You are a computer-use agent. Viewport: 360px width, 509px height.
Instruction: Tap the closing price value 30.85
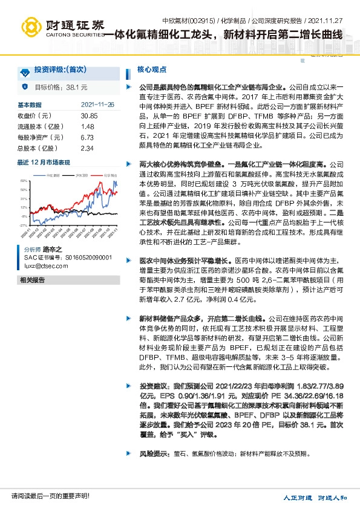click(88, 115)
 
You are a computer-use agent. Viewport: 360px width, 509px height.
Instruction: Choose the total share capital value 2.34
click(87, 148)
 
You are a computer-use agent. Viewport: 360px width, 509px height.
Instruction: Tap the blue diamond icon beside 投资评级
click(25, 72)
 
